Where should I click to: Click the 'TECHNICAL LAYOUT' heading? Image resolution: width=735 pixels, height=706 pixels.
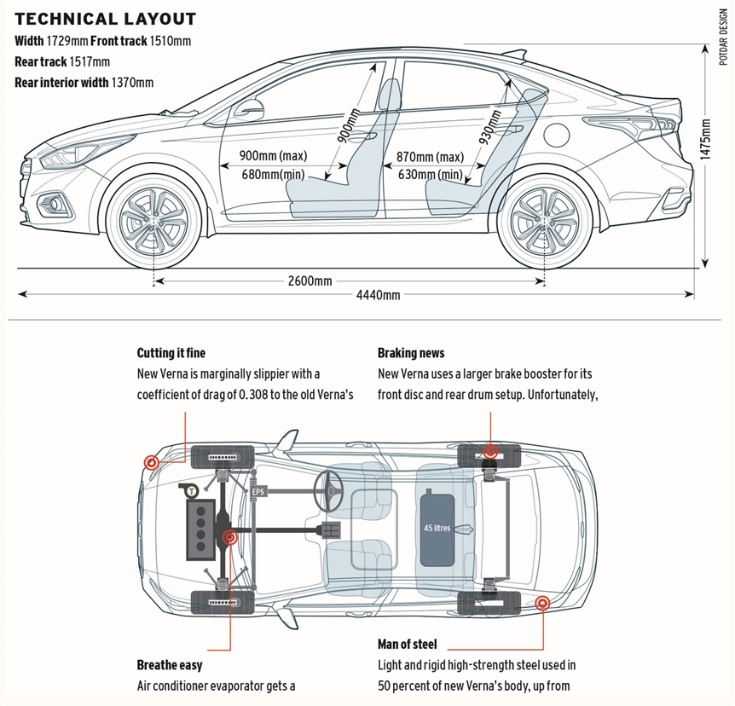click(x=106, y=19)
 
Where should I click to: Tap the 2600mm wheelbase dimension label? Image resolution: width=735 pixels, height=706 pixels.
click(x=310, y=281)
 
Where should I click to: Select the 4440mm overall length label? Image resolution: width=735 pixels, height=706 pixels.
click(x=379, y=295)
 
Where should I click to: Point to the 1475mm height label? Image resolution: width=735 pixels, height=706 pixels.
click(x=705, y=139)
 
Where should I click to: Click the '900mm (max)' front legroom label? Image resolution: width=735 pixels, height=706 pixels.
click(x=274, y=156)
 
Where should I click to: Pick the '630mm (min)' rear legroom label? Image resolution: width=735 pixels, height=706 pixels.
click(x=431, y=175)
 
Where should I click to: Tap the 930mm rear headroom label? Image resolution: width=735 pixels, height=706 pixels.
click(x=489, y=126)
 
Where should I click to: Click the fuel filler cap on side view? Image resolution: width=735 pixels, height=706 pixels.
click(x=557, y=134)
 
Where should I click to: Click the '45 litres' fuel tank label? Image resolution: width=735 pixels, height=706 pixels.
click(x=437, y=528)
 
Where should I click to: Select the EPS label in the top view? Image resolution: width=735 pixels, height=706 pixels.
click(x=258, y=492)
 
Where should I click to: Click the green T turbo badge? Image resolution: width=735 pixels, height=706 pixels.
click(x=192, y=492)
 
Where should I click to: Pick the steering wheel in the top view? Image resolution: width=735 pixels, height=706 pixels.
click(x=328, y=491)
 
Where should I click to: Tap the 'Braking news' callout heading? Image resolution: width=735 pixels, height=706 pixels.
click(x=411, y=353)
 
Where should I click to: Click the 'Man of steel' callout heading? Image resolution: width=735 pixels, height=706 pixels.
click(x=407, y=645)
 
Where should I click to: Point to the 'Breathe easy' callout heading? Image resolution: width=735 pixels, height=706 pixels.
click(x=170, y=665)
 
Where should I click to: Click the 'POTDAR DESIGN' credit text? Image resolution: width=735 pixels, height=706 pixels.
click(x=724, y=37)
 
